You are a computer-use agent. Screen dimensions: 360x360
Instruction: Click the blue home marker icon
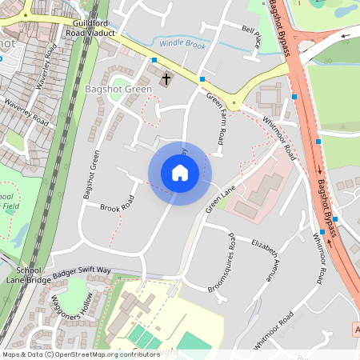pos(180,173)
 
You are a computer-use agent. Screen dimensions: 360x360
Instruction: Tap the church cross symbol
pos(167,78)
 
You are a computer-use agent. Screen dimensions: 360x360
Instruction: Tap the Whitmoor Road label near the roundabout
pos(279,138)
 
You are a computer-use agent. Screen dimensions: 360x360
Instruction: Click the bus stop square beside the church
pos(154,60)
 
